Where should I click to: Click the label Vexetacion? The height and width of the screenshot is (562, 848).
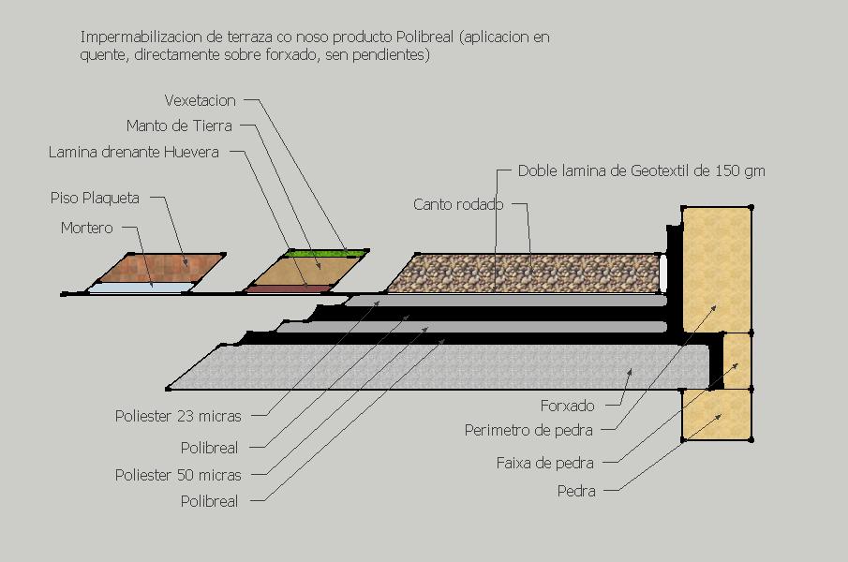tap(200, 100)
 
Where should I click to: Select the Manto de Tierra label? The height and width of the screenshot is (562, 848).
tap(178, 126)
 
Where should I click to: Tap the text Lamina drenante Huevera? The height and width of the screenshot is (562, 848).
tap(133, 152)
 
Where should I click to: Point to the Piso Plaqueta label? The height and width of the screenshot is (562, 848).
tap(95, 198)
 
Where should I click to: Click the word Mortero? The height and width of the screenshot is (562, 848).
tap(86, 228)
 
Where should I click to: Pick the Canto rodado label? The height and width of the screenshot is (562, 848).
tap(458, 204)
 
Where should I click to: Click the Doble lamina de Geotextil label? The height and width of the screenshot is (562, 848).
tap(641, 170)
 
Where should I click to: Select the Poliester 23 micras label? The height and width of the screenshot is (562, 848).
tap(177, 416)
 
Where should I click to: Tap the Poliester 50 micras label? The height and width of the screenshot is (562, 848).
tap(177, 475)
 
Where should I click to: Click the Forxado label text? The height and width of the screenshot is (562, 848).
tap(567, 407)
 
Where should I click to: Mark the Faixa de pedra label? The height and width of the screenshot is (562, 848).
tap(544, 463)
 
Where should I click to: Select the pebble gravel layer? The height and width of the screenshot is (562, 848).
tap(525, 272)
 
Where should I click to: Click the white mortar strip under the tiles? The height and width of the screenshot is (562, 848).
tap(141, 288)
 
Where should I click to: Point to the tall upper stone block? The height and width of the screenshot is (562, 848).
tap(717, 268)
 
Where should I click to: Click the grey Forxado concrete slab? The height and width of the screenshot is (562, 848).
tap(422, 365)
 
